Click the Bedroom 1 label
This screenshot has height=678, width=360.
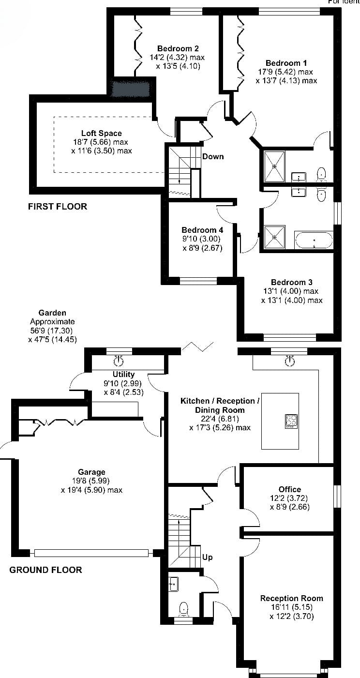click(x=286, y=63)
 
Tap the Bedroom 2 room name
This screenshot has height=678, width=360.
click(x=178, y=48)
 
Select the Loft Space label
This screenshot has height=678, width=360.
click(x=101, y=133)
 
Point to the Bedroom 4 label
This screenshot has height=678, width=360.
click(x=202, y=230)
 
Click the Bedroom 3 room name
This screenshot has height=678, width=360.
click(x=292, y=283)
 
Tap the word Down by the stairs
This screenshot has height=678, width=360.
click(x=213, y=156)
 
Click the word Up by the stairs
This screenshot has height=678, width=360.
click(x=207, y=557)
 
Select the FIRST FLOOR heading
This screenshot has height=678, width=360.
click(x=58, y=207)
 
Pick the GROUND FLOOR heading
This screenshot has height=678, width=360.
click(x=45, y=570)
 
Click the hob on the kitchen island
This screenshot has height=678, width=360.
click(x=291, y=422)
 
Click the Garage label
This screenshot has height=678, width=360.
click(x=91, y=472)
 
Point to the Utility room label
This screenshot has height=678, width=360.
click(x=123, y=375)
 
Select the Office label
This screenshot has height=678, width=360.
click(x=289, y=489)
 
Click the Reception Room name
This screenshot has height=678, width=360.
click(x=292, y=599)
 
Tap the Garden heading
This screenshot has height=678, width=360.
click(x=52, y=313)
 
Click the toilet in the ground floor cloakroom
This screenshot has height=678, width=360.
click(x=184, y=609)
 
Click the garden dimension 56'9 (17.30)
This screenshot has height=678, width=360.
click(x=51, y=331)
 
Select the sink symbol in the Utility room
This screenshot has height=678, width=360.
click(x=118, y=361)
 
